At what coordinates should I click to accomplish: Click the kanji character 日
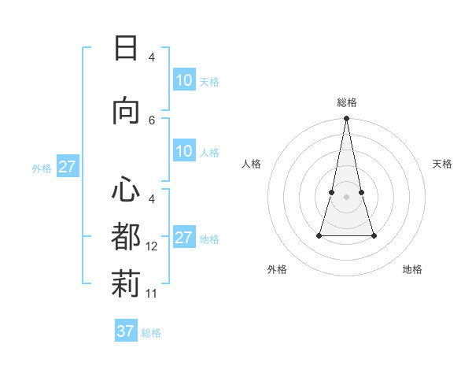click(126, 49)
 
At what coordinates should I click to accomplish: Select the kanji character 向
click(126, 111)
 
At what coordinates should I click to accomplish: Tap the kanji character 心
click(126, 190)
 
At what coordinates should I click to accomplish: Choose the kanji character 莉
click(126, 283)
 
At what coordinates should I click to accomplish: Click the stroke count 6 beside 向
click(152, 120)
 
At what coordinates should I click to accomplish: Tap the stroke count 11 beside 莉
click(152, 294)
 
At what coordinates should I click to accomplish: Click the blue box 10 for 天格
click(184, 80)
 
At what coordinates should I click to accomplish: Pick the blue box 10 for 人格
click(184, 151)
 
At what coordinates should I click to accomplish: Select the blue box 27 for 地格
click(184, 239)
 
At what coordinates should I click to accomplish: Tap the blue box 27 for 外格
click(68, 167)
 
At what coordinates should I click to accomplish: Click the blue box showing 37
click(126, 331)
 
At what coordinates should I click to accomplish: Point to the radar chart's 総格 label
click(346, 102)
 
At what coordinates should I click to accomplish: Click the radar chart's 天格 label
click(442, 164)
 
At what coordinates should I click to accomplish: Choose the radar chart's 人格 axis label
click(252, 164)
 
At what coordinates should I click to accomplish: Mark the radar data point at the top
click(346, 119)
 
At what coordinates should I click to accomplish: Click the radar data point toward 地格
click(374, 235)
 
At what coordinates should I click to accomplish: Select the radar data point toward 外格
click(319, 235)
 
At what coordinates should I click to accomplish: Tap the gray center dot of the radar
click(346, 197)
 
